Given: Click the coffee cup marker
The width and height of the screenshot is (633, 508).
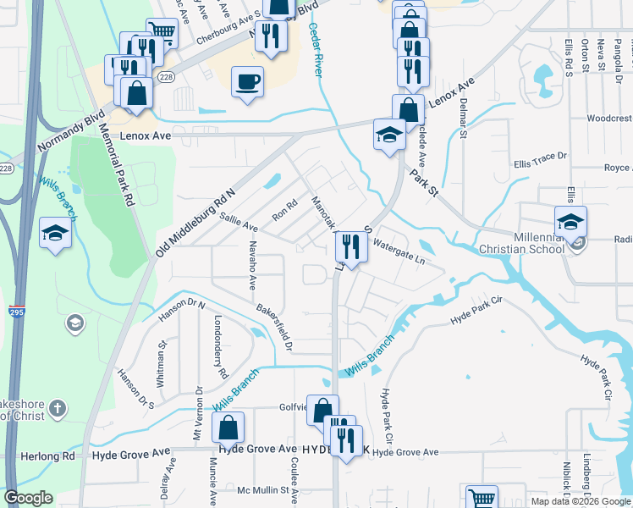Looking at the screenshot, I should pos(247,82).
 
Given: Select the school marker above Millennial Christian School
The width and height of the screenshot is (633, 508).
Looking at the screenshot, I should pos(571,224).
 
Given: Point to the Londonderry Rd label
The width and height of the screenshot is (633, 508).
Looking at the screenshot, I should pos(220,347).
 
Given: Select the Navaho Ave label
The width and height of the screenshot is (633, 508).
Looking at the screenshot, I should pos(252,264).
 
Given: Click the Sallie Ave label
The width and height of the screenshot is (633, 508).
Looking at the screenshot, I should pos(239,223).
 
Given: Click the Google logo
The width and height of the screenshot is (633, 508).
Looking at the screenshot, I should pos(29,497).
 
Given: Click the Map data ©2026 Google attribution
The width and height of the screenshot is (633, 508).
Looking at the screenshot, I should pos(581,501).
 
